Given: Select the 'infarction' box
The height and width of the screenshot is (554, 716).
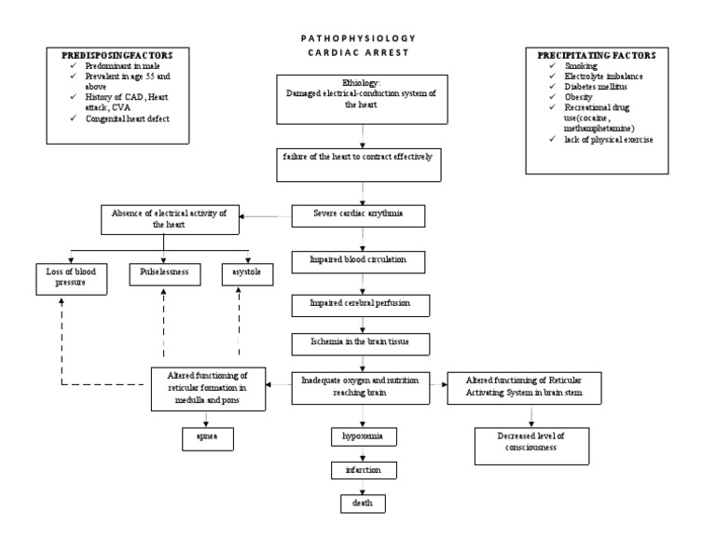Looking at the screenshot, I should click(361, 469).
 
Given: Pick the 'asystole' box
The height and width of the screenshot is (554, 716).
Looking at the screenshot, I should click(241, 273).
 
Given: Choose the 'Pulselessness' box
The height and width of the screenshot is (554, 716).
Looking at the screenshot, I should click(165, 273).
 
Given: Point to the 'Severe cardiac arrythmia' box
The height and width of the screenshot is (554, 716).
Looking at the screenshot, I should click(359, 215).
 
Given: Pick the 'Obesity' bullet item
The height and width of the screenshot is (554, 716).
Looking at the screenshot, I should click(578, 97).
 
